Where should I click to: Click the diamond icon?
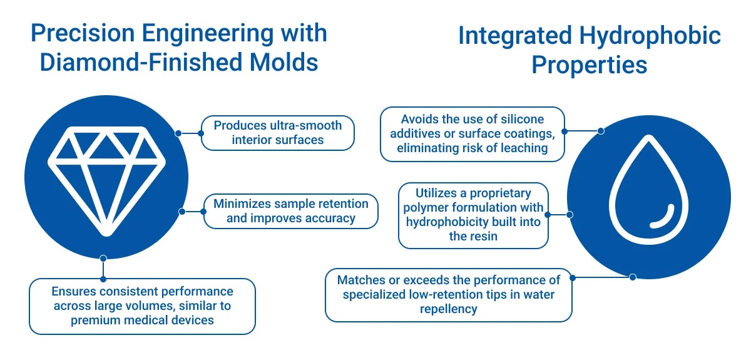point(106,181)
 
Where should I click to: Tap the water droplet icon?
point(649,190)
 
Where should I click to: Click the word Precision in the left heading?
point(83,33)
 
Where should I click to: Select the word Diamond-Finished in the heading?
point(141,62)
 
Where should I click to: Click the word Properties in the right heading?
point(590,64)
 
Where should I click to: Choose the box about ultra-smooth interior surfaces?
point(278,133)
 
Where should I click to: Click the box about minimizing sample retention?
point(290,211)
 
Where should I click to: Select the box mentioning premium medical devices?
point(142,306)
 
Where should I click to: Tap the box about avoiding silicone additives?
point(473,134)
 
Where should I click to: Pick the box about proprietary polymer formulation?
point(473,215)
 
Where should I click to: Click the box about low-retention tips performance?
point(449,295)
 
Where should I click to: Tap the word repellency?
point(449,309)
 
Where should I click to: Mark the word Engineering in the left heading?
point(208,34)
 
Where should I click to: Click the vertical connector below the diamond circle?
point(103,269)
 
